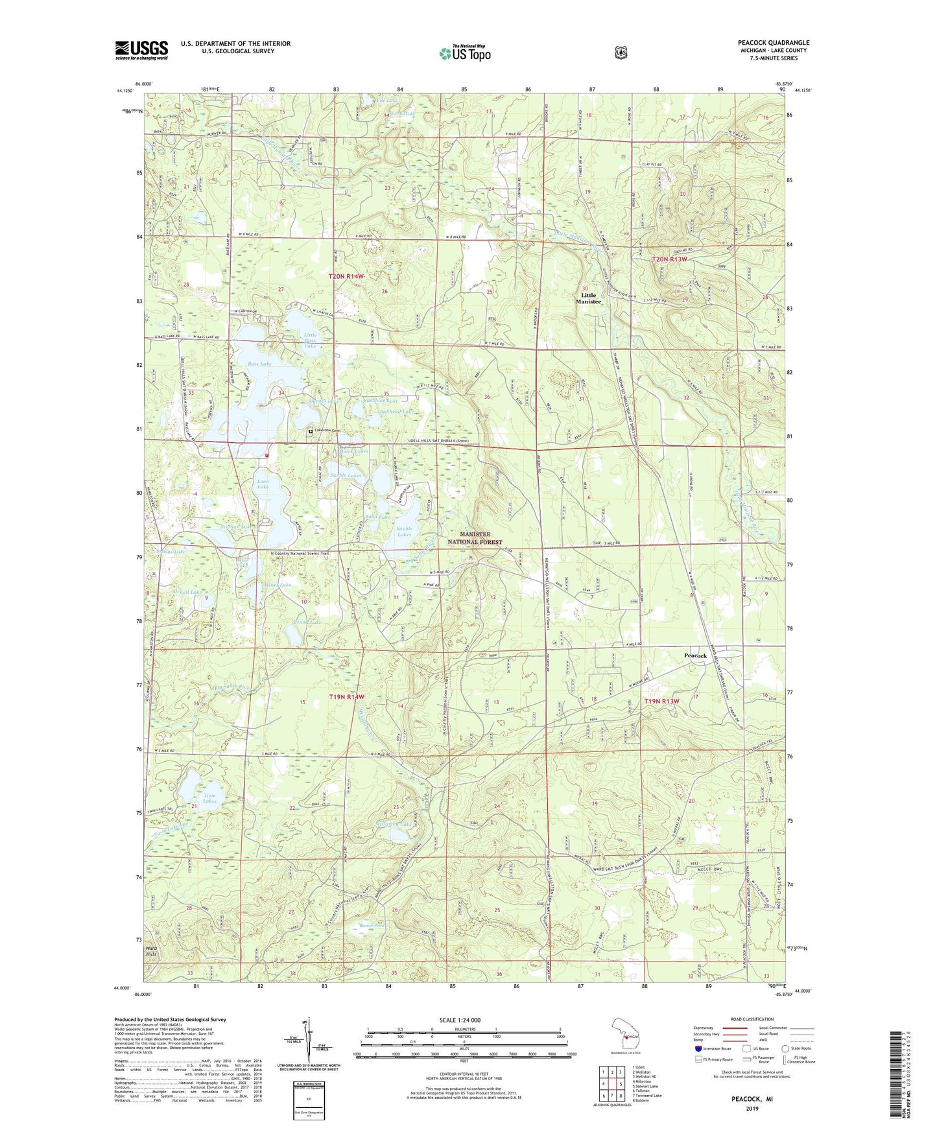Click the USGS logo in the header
[x=141, y=50]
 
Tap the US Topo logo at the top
[x=464, y=53]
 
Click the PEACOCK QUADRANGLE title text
[x=773, y=43]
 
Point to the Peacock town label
[x=695, y=655]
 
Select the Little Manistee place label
[x=589, y=298]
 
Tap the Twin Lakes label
[x=209, y=799]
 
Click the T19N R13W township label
[x=661, y=702]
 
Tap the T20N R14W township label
[x=346, y=276]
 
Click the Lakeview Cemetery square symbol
[x=311, y=431]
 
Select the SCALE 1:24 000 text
[x=460, y=1020]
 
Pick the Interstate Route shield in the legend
[x=698, y=1048]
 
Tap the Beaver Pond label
[x=372, y=926]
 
